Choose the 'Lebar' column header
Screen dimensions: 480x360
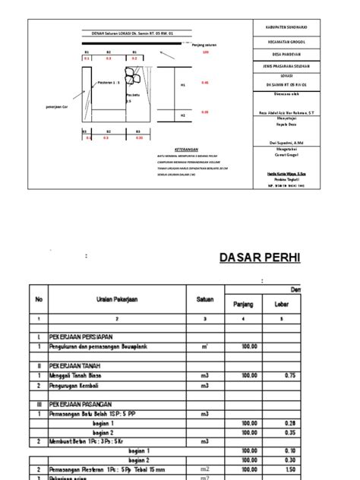[x=292, y=304]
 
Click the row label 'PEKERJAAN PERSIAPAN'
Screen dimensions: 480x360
[x=83, y=335]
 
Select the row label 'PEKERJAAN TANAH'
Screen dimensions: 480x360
[x=77, y=365]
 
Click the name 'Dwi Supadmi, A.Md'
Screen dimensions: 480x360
[x=275, y=141]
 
